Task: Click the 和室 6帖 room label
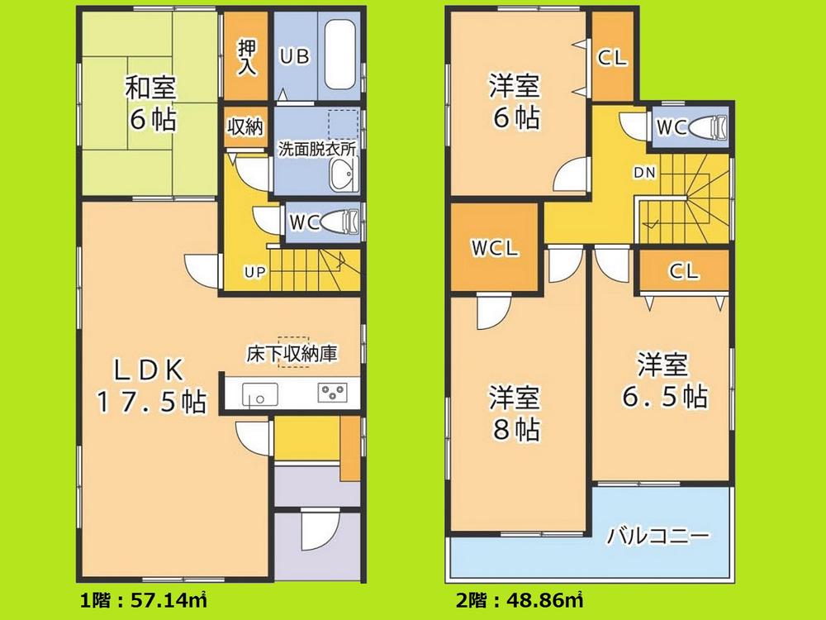pyautogui.click(x=150, y=103)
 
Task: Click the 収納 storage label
pyautogui.click(x=245, y=127)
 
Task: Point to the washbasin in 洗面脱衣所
pyautogui.click(x=341, y=175)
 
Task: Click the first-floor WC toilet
pyautogui.click(x=339, y=222)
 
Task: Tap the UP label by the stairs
pyautogui.click(x=253, y=271)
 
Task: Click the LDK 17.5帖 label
pyautogui.click(x=150, y=384)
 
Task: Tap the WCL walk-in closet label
pyautogui.click(x=496, y=249)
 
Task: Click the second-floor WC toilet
pyautogui.click(x=708, y=128)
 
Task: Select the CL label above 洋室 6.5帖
pyautogui.click(x=683, y=270)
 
